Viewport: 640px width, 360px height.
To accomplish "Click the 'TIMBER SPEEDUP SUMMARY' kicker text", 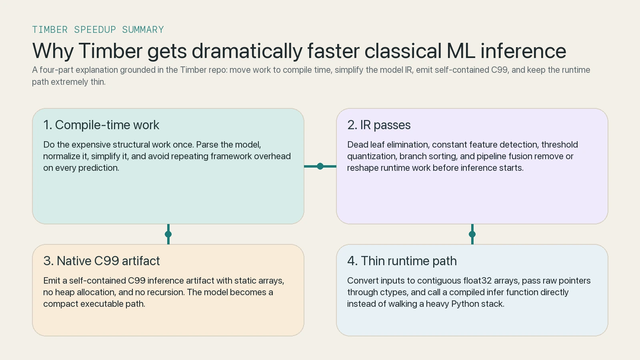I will [98, 30].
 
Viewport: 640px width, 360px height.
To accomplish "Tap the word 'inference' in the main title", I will [523, 51].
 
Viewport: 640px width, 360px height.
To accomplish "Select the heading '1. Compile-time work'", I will [101, 125].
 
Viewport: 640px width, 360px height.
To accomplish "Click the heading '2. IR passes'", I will [379, 125].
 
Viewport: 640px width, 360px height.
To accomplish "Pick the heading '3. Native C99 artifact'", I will [102, 261].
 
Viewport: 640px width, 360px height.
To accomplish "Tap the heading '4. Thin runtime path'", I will [402, 261].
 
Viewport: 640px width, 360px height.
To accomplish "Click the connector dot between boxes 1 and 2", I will [320, 166].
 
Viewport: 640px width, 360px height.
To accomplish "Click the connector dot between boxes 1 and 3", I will [168, 234].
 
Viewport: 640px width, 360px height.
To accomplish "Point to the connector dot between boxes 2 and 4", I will [472, 234].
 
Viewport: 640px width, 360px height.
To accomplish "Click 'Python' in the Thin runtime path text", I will [465, 304].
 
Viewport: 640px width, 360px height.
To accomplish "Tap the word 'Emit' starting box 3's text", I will [52, 281].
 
